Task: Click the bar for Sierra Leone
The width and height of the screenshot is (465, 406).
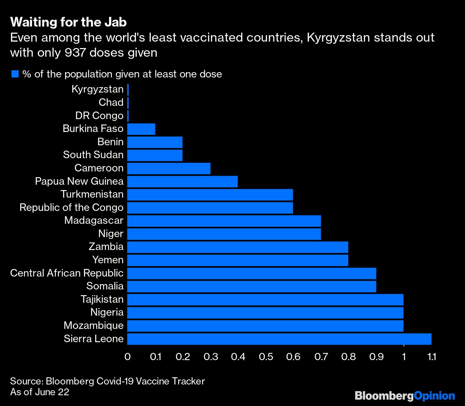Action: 279,339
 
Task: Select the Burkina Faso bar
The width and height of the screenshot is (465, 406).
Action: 141,129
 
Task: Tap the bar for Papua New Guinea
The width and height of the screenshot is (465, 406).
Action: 182,181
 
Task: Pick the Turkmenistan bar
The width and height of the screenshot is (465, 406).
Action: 210,195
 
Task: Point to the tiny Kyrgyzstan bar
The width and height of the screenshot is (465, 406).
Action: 128,90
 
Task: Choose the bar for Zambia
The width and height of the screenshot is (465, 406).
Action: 238,247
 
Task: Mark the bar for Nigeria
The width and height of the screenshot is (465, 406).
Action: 265,313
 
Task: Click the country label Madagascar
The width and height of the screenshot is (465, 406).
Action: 94,221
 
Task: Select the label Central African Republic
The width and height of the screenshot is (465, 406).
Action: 67,273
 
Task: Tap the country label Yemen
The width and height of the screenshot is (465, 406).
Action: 108,260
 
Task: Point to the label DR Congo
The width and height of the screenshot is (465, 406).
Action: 99,116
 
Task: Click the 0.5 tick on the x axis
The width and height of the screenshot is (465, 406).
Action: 266,357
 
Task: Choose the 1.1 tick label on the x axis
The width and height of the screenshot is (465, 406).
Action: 432,357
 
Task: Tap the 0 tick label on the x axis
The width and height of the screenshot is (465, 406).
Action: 127,357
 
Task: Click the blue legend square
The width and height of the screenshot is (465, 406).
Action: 15,74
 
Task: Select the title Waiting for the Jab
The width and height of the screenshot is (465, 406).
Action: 69,22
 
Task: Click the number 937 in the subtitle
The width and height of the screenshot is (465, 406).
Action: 75,53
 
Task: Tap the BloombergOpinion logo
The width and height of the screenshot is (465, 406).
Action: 405,396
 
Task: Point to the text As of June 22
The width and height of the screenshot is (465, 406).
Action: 39,392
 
